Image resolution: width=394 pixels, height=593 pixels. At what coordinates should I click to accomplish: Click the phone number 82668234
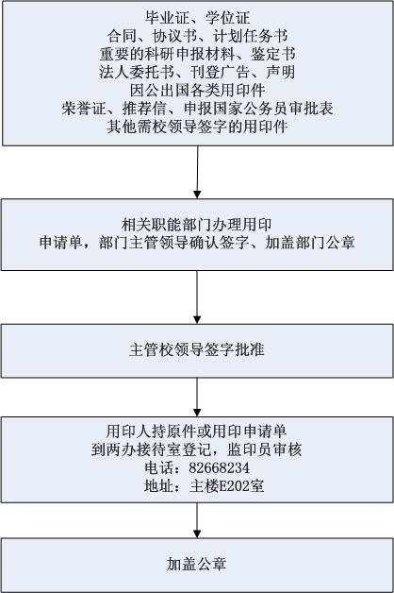point(220,467)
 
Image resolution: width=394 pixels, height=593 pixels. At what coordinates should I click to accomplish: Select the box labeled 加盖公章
point(197,565)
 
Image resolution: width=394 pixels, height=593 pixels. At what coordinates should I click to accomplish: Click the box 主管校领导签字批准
point(197,350)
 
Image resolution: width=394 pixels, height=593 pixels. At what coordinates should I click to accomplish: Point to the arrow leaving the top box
point(197,172)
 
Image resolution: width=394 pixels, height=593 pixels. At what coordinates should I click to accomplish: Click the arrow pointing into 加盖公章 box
point(197,520)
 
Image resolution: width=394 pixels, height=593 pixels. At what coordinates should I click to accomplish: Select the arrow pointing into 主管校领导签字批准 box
point(197,297)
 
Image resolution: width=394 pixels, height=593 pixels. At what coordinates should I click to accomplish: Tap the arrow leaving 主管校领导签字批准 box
point(197,398)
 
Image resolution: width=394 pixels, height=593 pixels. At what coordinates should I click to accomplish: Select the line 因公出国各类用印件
point(197,90)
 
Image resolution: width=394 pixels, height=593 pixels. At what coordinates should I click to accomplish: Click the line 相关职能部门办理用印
point(197,225)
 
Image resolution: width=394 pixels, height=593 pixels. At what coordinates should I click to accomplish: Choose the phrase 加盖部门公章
point(309,243)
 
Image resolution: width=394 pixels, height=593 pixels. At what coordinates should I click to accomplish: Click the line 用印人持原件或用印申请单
point(197,432)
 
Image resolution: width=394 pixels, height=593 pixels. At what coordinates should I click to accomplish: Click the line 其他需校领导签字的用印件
point(197,127)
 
